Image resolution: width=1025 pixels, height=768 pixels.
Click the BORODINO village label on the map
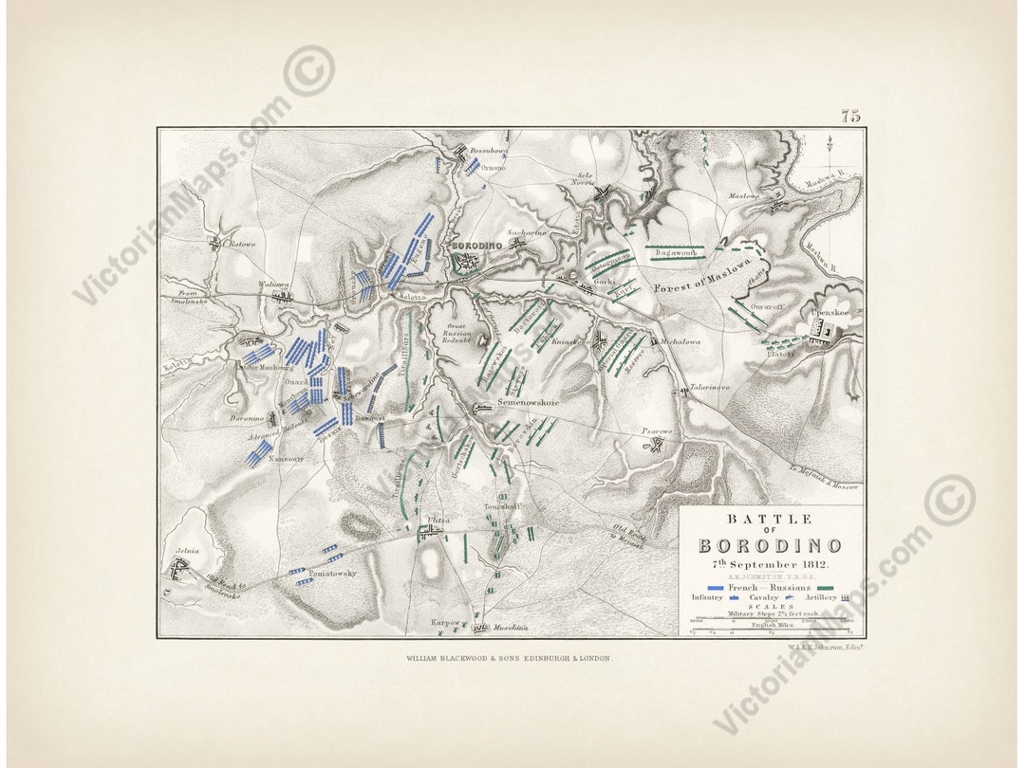[x=475, y=246]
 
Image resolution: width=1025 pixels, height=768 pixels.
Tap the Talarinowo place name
[x=710, y=388]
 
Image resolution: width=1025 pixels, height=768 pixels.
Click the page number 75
[x=849, y=117]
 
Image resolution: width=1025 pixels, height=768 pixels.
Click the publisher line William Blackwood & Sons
[x=510, y=657]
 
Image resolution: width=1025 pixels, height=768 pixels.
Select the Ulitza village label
[x=438, y=521]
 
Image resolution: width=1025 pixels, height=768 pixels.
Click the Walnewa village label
[x=273, y=283]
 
